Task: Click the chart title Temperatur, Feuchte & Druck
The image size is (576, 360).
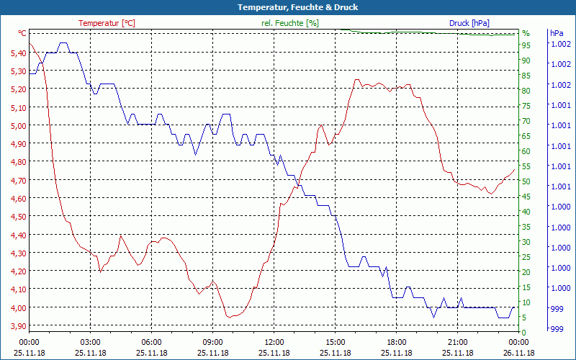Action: [x=288, y=7]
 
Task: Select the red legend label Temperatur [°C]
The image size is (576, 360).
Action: [x=107, y=23]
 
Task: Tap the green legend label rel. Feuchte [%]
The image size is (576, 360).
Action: [x=290, y=23]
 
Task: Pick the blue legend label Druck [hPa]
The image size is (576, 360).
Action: [x=469, y=23]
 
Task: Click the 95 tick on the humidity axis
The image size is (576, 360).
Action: [x=526, y=45]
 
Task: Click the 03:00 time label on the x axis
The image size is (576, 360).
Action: [x=90, y=342]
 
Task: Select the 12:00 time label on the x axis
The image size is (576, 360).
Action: [x=274, y=342]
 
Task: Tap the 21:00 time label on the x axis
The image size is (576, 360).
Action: [x=457, y=342]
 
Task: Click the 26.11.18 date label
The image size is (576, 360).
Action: [x=519, y=353]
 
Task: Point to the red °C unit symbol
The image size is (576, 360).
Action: [x=22, y=33]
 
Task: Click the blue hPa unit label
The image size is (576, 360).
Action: [x=557, y=33]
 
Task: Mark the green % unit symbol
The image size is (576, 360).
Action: [x=526, y=33]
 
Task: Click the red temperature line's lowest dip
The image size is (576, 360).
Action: [x=229, y=317]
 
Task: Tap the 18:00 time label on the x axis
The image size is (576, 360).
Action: [x=396, y=342]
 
